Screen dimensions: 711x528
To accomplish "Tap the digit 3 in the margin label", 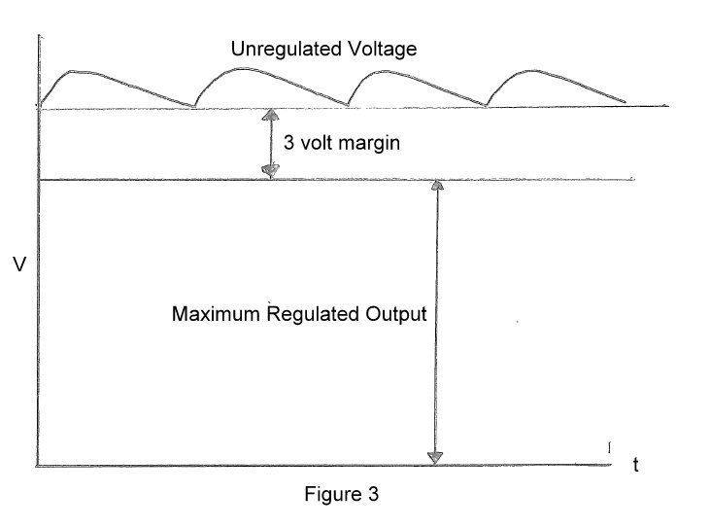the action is point(288,143).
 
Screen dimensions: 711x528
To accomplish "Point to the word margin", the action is point(369,144).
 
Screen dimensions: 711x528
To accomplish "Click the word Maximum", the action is point(216,314).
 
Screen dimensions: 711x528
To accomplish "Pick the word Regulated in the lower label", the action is point(313,315).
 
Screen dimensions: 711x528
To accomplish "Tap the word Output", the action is point(396,314).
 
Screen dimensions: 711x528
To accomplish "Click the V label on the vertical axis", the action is point(19,264).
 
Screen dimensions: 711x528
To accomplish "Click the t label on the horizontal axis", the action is point(636,465).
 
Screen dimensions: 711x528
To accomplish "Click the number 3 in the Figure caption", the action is point(373,494).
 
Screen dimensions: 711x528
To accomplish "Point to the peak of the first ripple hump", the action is point(74,71).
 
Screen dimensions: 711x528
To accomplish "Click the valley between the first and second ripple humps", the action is point(193,107).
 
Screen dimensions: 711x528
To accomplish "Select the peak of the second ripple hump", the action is point(241,69).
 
